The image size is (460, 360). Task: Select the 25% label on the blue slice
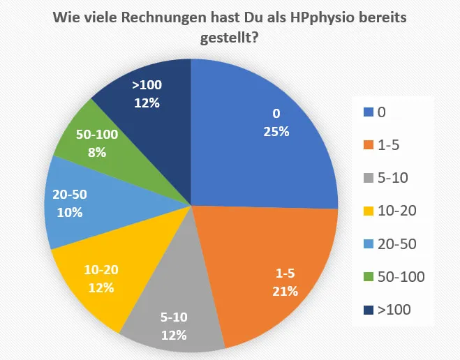coord(275,131)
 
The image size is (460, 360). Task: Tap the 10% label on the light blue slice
coord(69,213)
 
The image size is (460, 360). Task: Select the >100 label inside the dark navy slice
coord(147,86)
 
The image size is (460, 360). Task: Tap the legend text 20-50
coord(396,243)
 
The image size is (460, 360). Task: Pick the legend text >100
coord(394,310)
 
